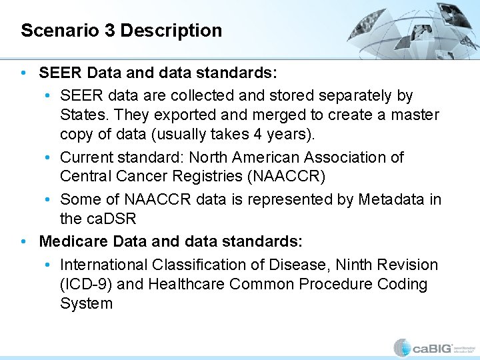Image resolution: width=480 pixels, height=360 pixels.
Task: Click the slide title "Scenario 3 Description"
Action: click(121, 31)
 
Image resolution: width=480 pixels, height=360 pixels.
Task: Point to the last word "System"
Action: click(87, 303)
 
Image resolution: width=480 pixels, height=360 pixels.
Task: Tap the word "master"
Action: click(414, 115)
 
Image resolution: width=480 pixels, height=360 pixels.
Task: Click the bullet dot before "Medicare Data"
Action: click(25, 240)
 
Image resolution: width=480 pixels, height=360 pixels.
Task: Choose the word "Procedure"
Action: click(336, 284)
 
